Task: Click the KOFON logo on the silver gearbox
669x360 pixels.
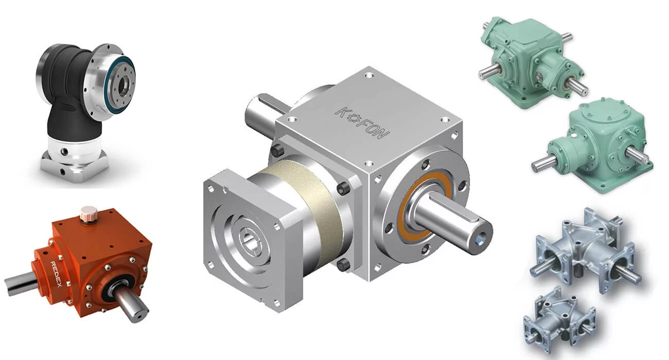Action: click(363, 123)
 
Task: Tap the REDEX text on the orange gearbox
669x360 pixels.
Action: click(56, 274)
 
